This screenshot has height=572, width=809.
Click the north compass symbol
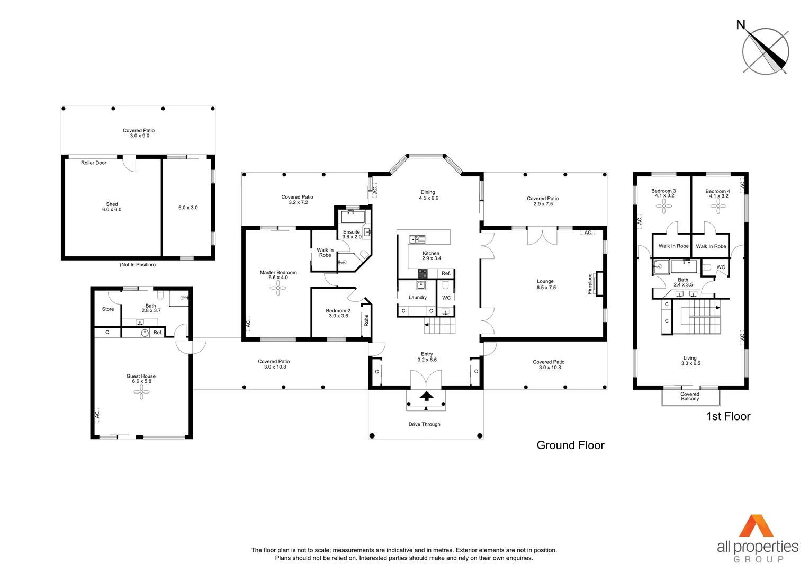coord(765,51)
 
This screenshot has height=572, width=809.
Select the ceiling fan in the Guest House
coord(141,392)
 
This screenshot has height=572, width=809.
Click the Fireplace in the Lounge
coord(599,283)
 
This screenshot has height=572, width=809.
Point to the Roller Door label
coord(94,163)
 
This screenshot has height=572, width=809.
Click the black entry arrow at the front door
coord(426,396)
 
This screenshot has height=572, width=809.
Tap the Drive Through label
coord(424,424)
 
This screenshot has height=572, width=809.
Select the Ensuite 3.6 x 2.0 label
coord(352,234)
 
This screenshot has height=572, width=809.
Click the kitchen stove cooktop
coord(423,273)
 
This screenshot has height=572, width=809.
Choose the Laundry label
coord(417,297)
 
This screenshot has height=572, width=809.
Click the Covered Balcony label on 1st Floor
coord(690,396)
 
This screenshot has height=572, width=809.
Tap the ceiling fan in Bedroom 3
coord(664,206)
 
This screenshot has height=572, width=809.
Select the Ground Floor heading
coord(570,445)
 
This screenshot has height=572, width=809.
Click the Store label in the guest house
coord(108,309)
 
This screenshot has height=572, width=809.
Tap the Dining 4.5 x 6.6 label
coord(428,195)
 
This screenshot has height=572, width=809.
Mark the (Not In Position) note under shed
coord(138,265)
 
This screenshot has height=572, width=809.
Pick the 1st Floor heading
coord(728,416)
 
